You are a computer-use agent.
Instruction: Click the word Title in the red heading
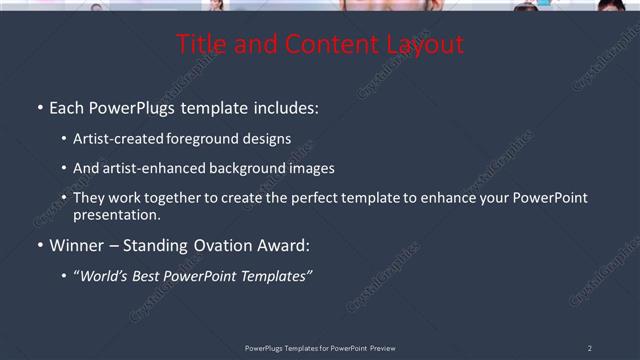click(x=202, y=45)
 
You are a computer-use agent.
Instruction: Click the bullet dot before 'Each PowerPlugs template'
click(x=39, y=107)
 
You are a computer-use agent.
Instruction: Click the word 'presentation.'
click(x=116, y=214)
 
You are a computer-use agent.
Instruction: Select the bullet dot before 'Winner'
click(x=39, y=245)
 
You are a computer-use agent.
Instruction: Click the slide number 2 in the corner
click(x=589, y=348)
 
